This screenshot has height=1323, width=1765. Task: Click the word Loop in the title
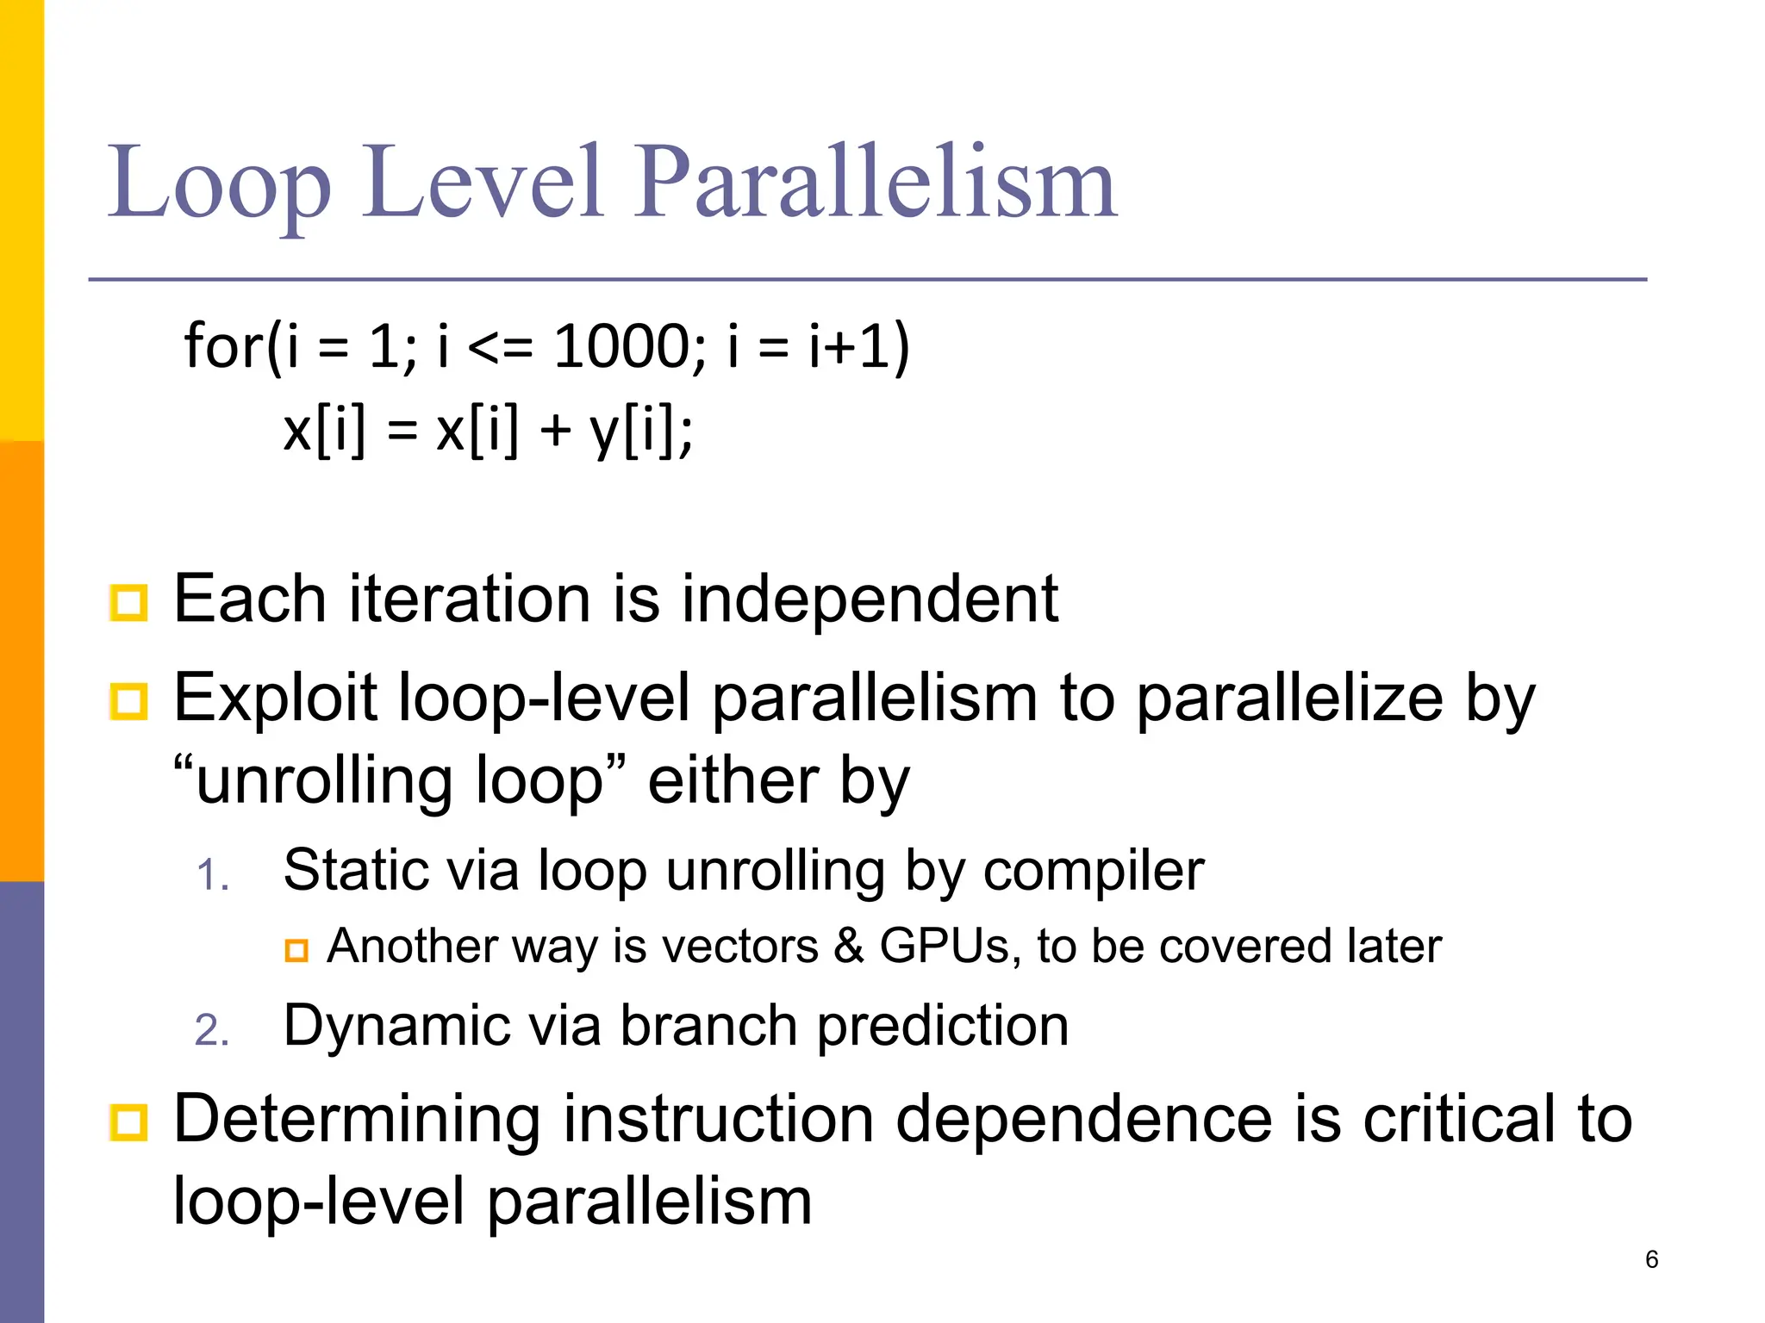click(x=219, y=183)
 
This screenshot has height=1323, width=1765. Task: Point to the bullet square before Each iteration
click(x=129, y=603)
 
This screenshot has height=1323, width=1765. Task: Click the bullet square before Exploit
click(x=129, y=701)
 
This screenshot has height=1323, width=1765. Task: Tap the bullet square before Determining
click(x=129, y=1122)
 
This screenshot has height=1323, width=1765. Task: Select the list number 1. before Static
click(x=212, y=876)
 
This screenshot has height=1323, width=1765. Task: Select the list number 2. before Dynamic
click(x=212, y=1031)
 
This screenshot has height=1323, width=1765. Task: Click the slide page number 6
click(x=1651, y=1259)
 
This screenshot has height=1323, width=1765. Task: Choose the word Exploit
click(x=276, y=698)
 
